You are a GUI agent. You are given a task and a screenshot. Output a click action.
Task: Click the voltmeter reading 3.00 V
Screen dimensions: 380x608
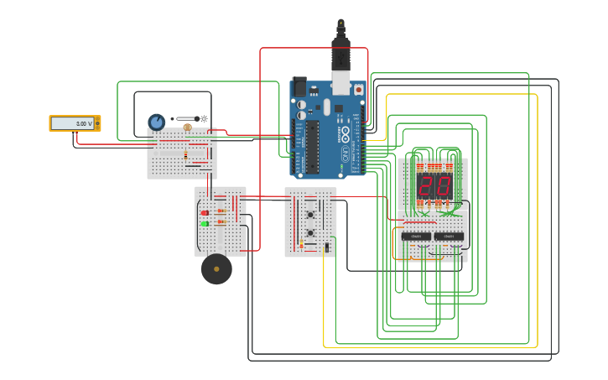[x=75, y=123]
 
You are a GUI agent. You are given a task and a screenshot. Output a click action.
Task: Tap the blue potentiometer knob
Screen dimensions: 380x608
[x=156, y=122]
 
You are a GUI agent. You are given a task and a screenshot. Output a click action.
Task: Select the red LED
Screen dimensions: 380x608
[x=205, y=213]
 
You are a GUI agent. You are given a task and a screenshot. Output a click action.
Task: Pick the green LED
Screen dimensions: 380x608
[x=205, y=223]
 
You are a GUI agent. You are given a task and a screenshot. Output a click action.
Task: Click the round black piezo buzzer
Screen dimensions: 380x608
[x=216, y=269]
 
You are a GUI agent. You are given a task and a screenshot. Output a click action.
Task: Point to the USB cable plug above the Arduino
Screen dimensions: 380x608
[x=340, y=59]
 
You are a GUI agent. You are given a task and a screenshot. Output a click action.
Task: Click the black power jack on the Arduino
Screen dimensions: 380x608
[x=299, y=87]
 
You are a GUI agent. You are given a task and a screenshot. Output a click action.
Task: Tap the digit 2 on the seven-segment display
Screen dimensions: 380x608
[x=427, y=186]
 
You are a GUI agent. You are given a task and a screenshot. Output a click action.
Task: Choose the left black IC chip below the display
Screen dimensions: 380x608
[x=416, y=237]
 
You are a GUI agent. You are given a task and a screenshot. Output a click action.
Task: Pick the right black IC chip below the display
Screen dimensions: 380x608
[x=449, y=237]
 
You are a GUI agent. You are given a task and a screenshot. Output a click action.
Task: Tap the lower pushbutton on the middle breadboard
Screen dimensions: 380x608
[x=310, y=232]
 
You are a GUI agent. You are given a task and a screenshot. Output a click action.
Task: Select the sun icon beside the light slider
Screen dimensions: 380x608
[x=204, y=118]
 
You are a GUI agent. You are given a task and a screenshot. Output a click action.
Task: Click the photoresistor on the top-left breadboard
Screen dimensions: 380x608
[x=187, y=128]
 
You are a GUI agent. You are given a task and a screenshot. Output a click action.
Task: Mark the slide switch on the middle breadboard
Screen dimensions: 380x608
[x=326, y=247]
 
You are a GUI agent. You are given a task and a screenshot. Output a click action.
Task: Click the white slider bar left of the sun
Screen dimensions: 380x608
[x=186, y=118]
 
